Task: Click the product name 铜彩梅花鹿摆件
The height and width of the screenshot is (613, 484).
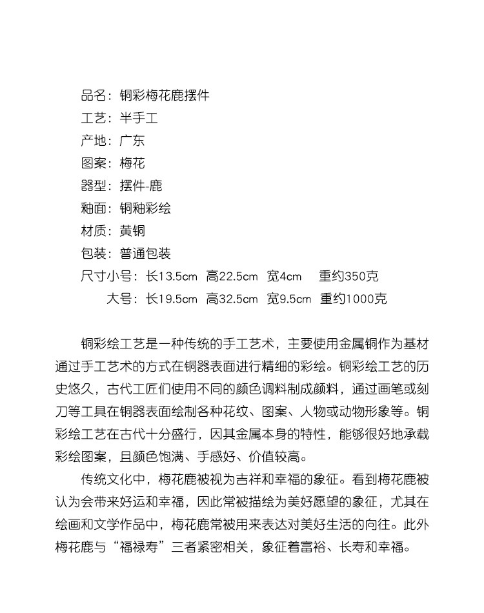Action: [x=165, y=96]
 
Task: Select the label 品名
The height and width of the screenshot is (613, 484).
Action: [x=94, y=96]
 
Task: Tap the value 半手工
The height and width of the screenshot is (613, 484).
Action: [x=139, y=119]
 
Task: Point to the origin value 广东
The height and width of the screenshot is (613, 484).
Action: [x=132, y=141]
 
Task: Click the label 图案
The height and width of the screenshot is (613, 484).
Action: [x=94, y=164]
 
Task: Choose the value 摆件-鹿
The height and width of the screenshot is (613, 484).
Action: [x=141, y=186]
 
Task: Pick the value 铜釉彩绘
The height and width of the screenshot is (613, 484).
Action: [x=145, y=209]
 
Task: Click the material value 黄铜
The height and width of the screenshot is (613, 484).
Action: [x=132, y=231]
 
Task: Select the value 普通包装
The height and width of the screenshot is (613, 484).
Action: [x=145, y=254]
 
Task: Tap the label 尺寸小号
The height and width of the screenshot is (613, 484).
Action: [x=106, y=277]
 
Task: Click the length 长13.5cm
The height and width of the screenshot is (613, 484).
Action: [x=171, y=277]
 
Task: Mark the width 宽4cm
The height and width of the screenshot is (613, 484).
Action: [x=285, y=277]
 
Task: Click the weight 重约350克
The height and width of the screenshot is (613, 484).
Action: [x=348, y=277]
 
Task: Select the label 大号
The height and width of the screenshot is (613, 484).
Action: [x=119, y=299]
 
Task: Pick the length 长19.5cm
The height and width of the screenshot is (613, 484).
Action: [x=171, y=299]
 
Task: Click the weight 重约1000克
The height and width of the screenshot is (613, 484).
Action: [x=354, y=299]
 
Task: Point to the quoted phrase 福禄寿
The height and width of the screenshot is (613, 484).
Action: [x=141, y=548]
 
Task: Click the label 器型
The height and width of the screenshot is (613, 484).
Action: [x=94, y=186]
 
